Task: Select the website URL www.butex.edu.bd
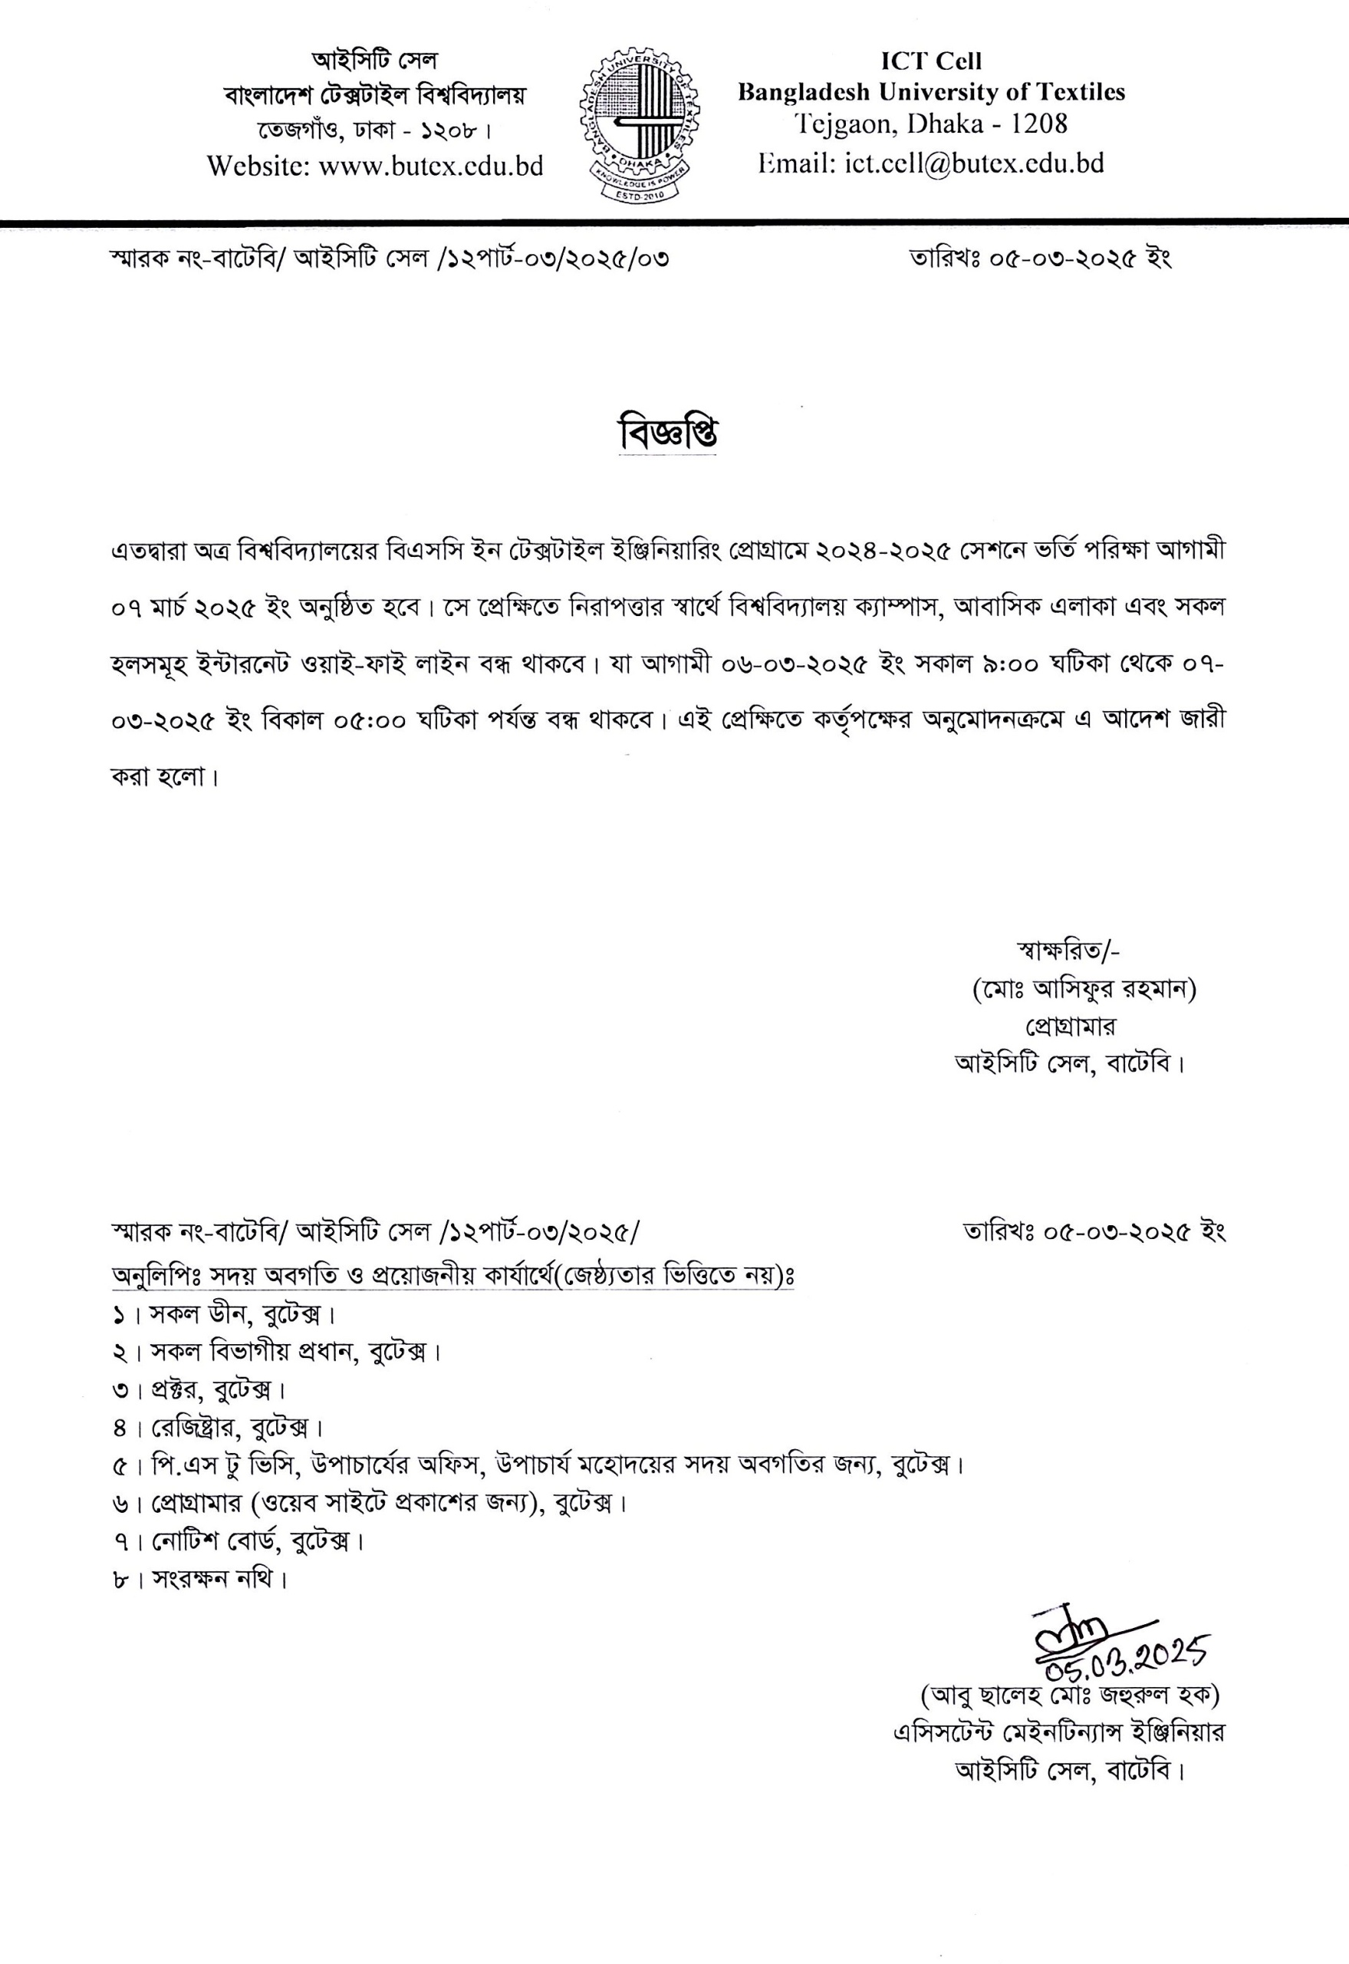click(x=430, y=166)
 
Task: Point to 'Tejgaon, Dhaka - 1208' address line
click(x=930, y=124)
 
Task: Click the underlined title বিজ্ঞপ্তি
click(x=668, y=433)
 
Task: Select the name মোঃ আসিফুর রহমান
click(x=1084, y=988)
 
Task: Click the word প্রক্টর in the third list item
click(x=176, y=1389)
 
